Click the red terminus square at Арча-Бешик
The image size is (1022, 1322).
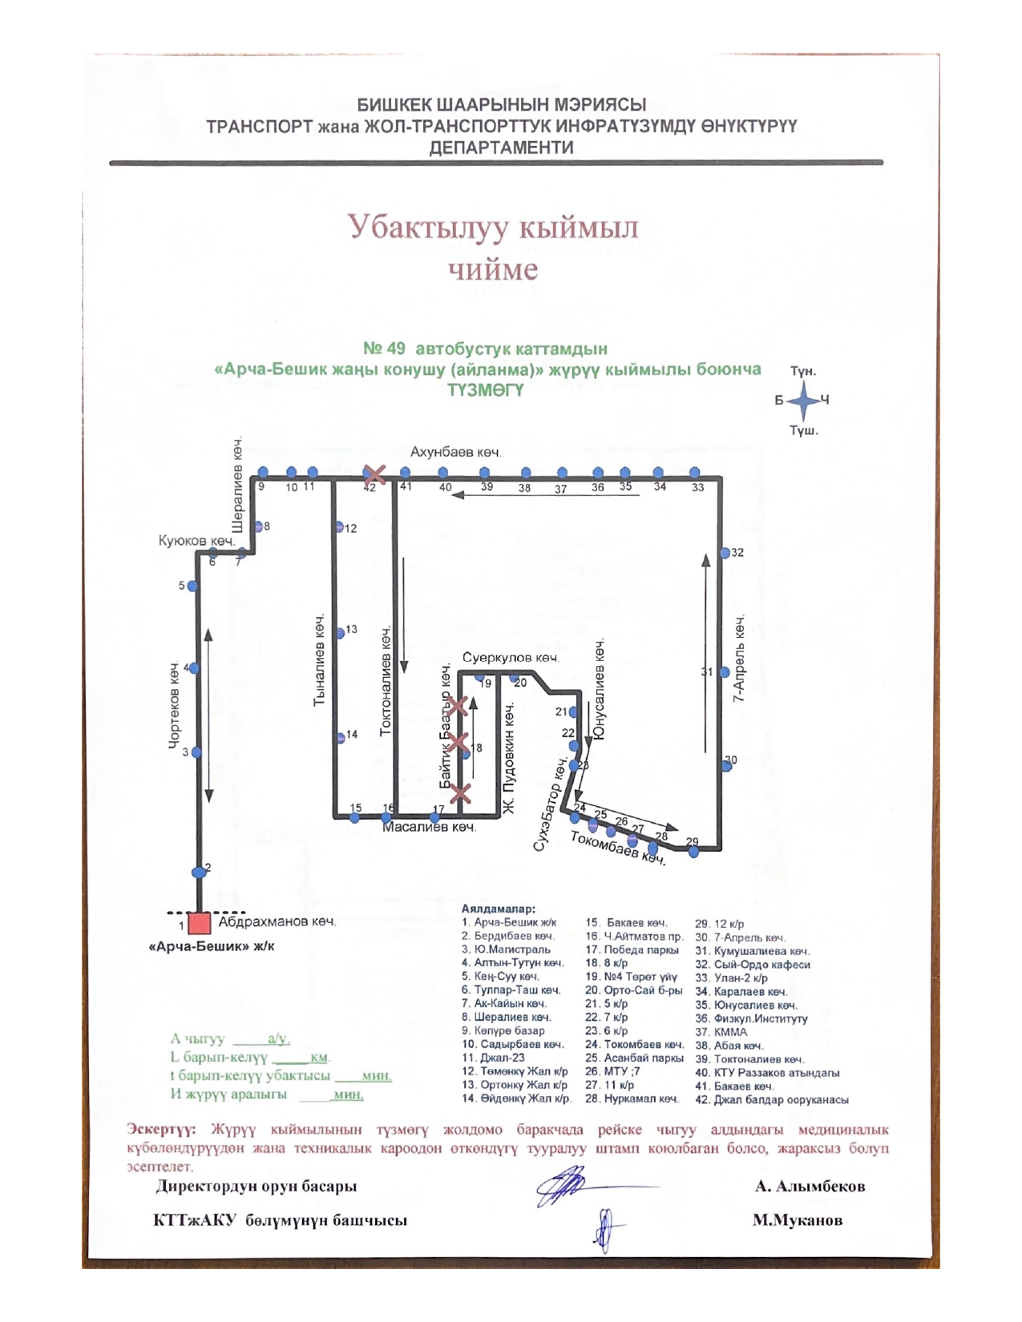[199, 923]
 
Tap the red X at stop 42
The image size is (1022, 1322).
[374, 474]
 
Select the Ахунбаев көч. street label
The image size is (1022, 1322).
[455, 453]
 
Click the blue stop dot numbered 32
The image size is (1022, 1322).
[725, 553]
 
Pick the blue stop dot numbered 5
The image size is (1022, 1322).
[192, 586]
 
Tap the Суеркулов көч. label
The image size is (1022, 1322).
[510, 658]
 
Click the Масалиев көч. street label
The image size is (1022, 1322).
[429, 827]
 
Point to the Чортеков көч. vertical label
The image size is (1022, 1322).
[175, 706]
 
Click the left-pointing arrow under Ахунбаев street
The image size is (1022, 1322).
[545, 495]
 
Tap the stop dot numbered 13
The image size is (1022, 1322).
[340, 633]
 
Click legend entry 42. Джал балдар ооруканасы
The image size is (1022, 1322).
[771, 1100]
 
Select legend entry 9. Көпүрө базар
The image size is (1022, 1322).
[503, 1031]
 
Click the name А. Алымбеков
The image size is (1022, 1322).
[810, 1187]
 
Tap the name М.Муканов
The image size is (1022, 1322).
[797, 1221]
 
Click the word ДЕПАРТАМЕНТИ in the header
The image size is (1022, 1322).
[502, 148]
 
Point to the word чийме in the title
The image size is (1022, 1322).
[493, 270]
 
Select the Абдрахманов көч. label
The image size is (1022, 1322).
[277, 921]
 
